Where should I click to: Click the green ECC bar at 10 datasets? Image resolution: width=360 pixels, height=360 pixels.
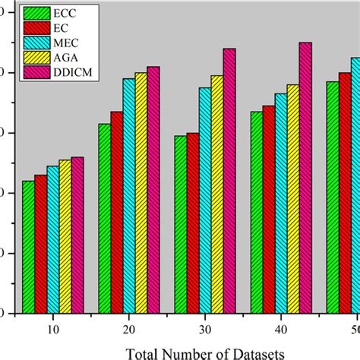(28, 247)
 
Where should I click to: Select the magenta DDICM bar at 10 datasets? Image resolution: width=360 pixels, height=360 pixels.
(77, 235)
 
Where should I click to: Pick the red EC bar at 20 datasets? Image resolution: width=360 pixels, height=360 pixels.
(116, 212)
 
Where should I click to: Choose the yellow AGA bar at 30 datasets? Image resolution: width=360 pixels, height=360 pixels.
(216, 194)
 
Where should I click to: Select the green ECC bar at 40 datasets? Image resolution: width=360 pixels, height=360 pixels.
(256, 212)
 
